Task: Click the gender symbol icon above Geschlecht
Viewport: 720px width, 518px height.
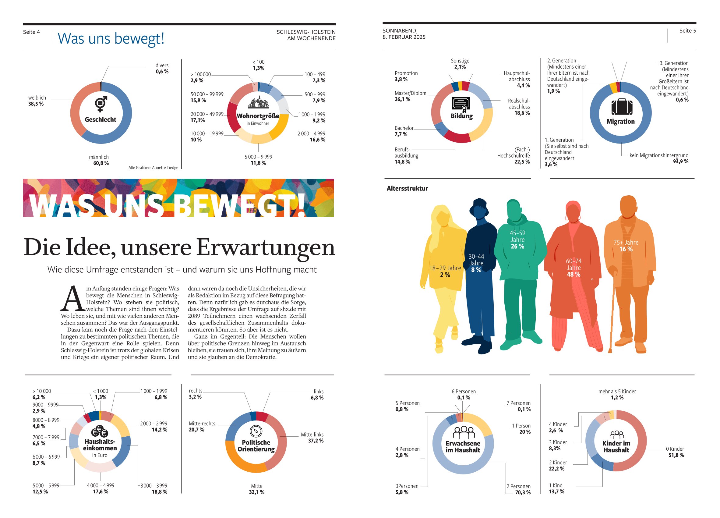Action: (x=101, y=104)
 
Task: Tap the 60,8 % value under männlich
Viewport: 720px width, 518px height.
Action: (x=101, y=163)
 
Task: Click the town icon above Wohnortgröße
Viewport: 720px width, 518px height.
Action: (x=258, y=103)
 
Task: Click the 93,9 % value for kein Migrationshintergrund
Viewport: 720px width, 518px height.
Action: (x=680, y=162)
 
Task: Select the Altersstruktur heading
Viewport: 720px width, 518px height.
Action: (x=407, y=189)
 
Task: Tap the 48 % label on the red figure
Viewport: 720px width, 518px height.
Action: (x=573, y=275)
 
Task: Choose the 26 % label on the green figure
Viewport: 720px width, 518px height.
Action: (x=517, y=247)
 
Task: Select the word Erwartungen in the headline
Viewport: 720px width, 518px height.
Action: (x=265, y=248)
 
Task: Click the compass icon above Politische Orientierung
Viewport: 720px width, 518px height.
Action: (x=256, y=431)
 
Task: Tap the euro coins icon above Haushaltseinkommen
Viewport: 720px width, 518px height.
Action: (x=100, y=431)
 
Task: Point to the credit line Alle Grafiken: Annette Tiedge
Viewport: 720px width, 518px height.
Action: (x=153, y=168)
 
